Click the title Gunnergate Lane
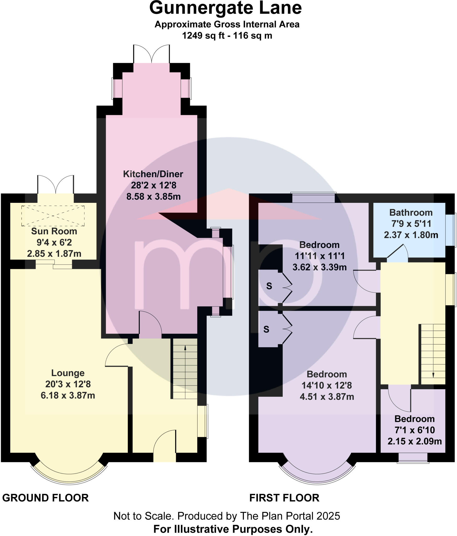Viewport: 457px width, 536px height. [225, 8]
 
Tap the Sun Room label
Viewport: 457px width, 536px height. [54, 231]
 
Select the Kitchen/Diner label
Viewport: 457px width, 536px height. [153, 174]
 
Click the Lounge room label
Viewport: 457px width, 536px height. [68, 373]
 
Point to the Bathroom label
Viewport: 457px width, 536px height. [411, 213]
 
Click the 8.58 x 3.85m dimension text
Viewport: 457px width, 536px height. [153, 197]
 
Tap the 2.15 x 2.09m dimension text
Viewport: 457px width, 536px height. [414, 442]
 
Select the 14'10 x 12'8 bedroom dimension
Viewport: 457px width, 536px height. [327, 386]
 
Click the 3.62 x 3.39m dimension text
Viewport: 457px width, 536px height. [319, 267]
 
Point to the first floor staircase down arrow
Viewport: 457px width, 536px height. [433, 375]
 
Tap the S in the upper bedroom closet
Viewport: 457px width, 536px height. [269, 286]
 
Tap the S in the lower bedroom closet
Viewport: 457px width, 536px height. [266, 329]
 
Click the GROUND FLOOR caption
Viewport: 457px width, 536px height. [45, 498]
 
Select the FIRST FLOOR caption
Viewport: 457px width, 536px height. [284, 498]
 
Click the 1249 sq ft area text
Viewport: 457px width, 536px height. [203, 35]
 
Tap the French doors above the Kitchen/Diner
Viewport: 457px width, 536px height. [152, 54]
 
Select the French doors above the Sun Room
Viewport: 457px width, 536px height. [55, 185]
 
